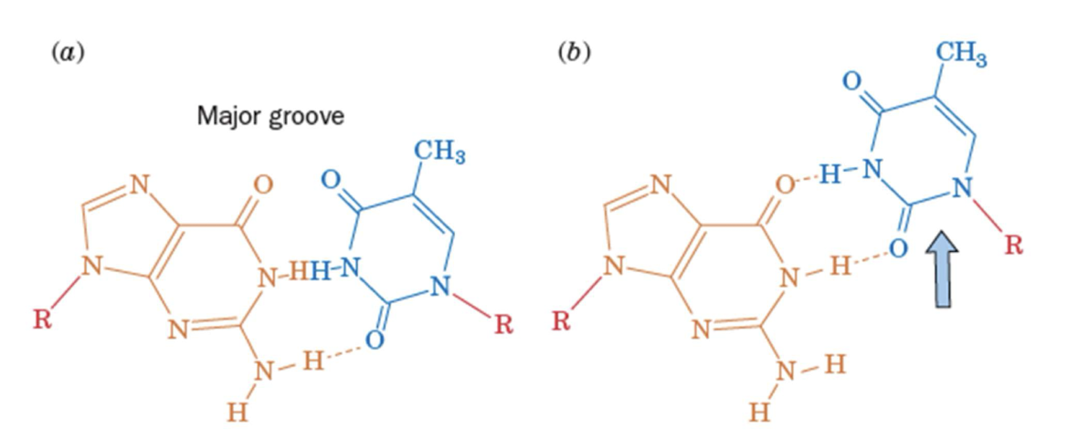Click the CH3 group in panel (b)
(962, 57)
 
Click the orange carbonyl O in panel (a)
(262, 183)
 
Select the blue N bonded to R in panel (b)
(961, 189)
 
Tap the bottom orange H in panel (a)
(236, 413)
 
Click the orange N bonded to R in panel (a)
(89, 266)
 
